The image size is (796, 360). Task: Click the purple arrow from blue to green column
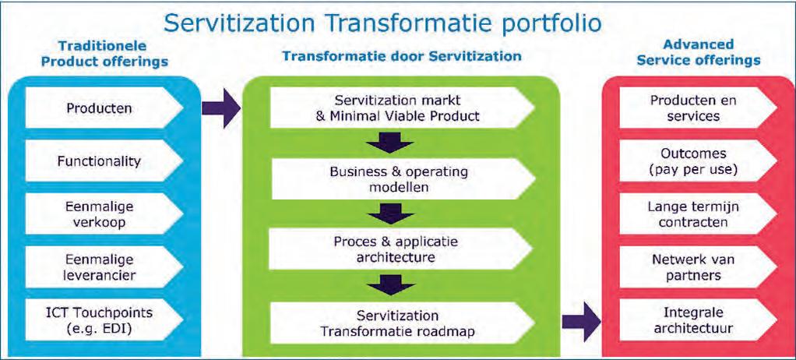(x=220, y=108)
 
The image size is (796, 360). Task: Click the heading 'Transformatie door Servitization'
(x=401, y=56)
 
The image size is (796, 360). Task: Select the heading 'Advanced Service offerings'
(x=698, y=52)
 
